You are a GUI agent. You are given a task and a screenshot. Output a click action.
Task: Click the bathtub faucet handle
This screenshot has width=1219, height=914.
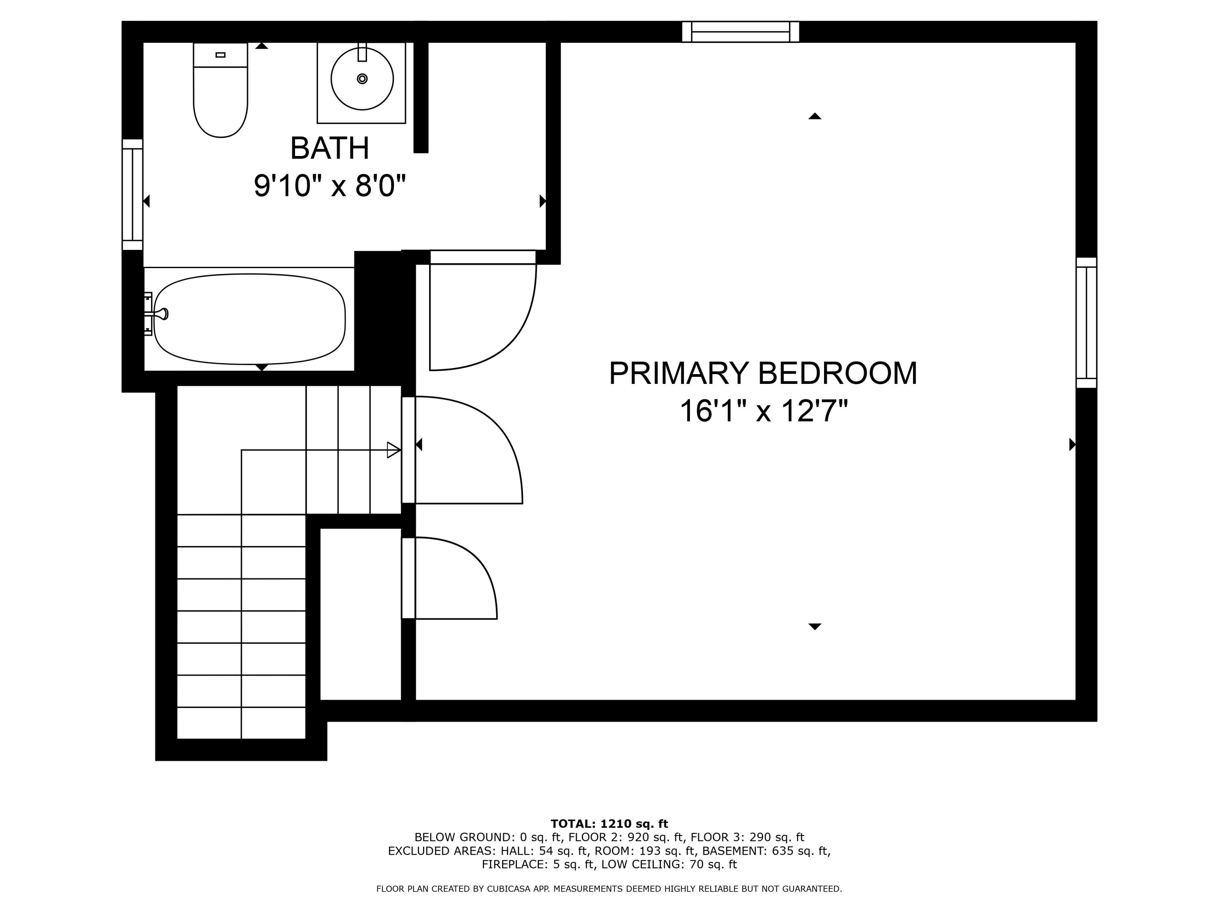click(163, 314)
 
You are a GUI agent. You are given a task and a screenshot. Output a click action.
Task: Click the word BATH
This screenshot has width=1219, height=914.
click(330, 148)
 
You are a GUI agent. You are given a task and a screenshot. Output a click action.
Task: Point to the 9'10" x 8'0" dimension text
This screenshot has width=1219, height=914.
click(330, 186)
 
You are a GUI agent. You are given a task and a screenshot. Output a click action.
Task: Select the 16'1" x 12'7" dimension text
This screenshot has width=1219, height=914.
click(763, 411)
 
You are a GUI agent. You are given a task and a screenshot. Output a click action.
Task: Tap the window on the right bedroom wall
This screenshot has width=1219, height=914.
click(1086, 323)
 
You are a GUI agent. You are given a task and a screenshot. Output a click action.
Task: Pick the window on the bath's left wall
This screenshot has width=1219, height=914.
click(132, 195)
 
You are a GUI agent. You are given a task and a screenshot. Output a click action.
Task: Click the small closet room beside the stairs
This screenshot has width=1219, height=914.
click(360, 614)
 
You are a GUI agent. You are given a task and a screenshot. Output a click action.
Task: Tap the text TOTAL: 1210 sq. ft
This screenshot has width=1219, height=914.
click(609, 824)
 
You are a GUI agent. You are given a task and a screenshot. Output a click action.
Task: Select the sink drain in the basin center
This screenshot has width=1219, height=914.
click(362, 79)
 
